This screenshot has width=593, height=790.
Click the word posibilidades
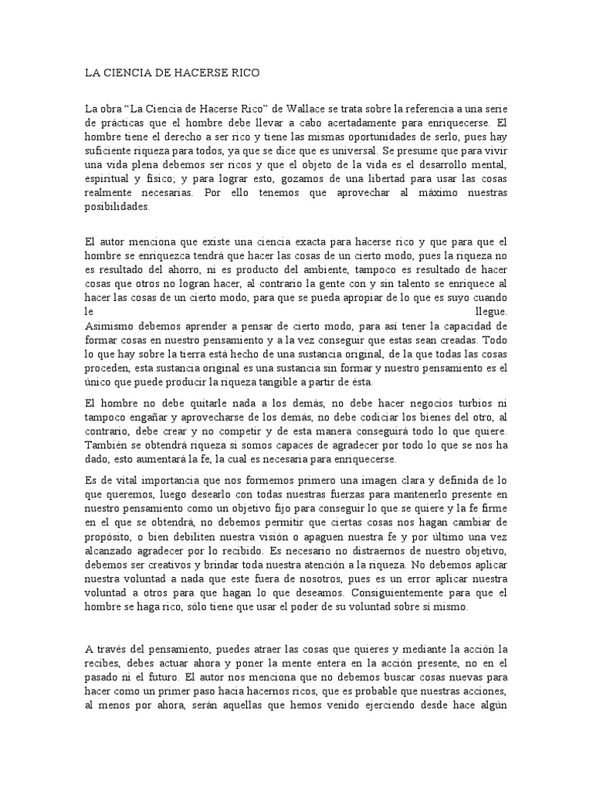click(117, 206)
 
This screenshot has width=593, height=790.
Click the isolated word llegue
click(493, 311)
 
